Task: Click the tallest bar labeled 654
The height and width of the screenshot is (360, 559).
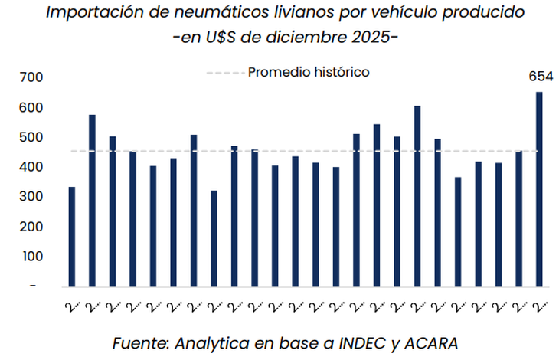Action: tap(539, 189)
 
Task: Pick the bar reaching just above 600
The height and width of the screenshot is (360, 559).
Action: tap(417, 196)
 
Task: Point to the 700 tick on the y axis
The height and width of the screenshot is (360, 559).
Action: tap(32, 77)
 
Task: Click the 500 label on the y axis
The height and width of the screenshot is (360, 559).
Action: tap(32, 137)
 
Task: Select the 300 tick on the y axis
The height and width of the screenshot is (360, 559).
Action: tap(32, 197)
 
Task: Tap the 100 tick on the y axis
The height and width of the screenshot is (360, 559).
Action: tap(32, 257)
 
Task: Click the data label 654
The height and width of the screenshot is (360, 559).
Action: tap(541, 76)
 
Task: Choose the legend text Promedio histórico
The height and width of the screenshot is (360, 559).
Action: tap(309, 72)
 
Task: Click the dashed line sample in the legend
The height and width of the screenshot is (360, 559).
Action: tap(224, 73)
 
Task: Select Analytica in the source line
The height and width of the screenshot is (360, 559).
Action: tap(211, 342)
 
